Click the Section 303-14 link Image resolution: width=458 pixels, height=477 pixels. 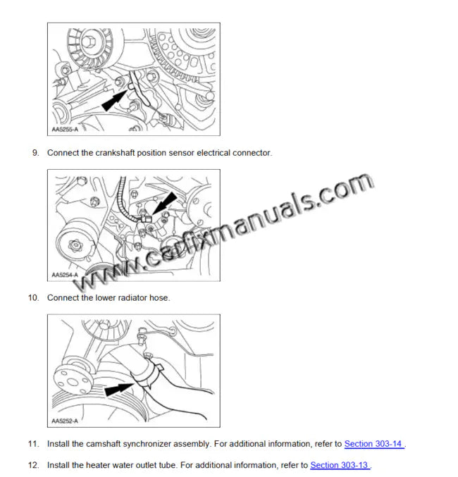tap(373, 445)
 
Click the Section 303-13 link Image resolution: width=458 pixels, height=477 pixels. tap(339, 466)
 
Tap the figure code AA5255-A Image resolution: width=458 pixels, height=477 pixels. tap(66, 130)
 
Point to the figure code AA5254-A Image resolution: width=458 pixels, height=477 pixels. tap(66, 275)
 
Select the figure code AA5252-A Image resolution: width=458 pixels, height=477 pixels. tap(66, 421)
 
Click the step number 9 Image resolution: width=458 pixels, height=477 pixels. tap(35, 153)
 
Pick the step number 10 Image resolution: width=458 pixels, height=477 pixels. tap(33, 298)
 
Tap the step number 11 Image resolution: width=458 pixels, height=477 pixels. tap(33, 445)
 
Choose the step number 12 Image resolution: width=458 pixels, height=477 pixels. tap(33, 466)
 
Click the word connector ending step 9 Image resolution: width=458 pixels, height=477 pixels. tap(252, 153)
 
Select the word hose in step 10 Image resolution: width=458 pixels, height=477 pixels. tap(161, 298)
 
